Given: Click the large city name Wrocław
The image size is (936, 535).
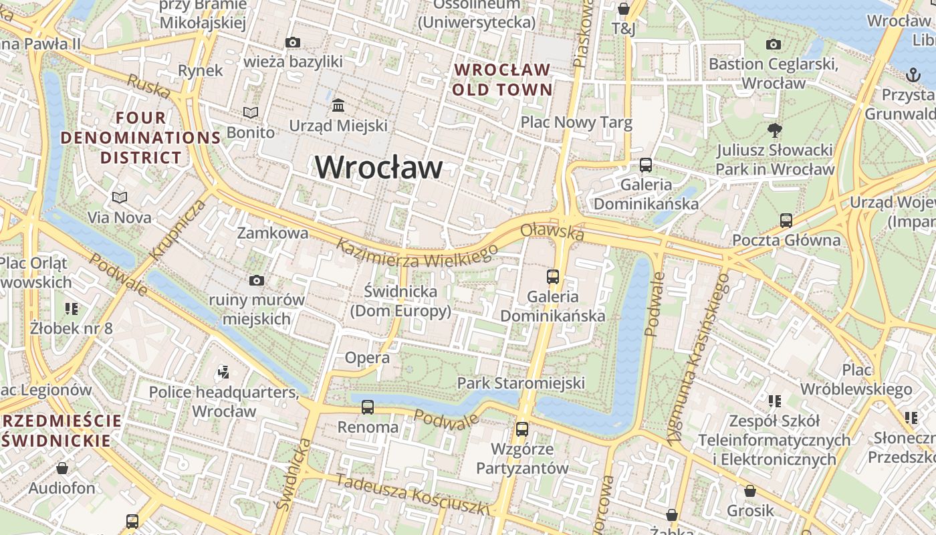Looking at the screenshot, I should coord(378,167).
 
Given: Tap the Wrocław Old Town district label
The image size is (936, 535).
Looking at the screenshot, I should coord(503,80).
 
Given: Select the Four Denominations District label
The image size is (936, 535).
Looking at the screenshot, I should coord(140,138).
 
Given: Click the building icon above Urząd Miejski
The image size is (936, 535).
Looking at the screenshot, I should coord(338,106).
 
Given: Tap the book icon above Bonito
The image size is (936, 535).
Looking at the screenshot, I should coord(251,112).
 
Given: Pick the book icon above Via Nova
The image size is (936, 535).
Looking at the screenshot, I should coord(120,197).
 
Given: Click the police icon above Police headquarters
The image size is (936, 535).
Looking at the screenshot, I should coord(224,372).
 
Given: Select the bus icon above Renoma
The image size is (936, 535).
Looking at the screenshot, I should coord(368,407).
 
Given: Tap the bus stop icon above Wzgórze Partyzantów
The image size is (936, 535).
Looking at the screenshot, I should coord(522,429).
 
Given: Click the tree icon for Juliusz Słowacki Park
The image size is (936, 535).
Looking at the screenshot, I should coord(775,130).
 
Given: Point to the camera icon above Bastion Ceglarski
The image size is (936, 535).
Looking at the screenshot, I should coord(774,44).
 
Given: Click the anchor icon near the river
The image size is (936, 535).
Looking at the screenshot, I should coord(913,74).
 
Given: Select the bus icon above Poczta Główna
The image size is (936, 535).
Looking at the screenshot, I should coord(786,220).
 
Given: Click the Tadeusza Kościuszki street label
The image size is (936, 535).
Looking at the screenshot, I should coord(413,494).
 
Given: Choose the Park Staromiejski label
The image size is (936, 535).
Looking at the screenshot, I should coord(521,383).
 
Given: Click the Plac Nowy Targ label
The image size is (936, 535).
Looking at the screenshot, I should coord(576,122).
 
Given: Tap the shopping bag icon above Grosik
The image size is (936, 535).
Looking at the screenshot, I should coord(750,492).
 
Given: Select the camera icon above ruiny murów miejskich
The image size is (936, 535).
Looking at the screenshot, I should coord(256,280).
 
